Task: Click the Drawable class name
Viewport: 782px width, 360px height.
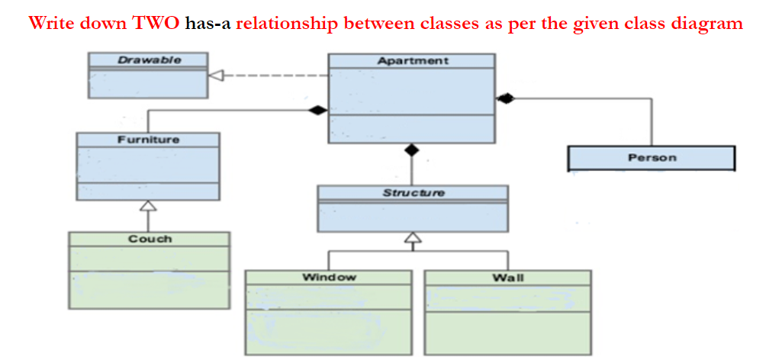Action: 149,59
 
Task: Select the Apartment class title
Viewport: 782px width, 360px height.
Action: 412,60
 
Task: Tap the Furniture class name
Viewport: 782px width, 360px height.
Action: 148,140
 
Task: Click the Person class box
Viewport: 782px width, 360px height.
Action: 651,158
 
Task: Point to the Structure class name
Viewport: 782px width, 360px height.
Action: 413,192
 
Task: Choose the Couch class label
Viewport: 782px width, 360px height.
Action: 150,239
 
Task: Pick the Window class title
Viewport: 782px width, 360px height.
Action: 328,277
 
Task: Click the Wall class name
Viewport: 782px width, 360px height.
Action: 507,277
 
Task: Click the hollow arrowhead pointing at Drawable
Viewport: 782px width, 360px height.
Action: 216,75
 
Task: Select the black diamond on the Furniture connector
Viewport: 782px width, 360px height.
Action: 317,111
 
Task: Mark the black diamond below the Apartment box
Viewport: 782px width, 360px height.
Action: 412,150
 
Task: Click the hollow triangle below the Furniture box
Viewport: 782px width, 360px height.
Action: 148,205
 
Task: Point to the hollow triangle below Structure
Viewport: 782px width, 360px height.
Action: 412,238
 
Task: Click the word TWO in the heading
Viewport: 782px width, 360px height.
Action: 156,23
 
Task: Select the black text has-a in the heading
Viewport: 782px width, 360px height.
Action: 208,23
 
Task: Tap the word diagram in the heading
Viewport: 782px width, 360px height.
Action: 708,23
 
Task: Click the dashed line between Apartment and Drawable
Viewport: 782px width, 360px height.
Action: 275,75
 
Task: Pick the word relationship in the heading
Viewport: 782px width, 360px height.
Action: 287,23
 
